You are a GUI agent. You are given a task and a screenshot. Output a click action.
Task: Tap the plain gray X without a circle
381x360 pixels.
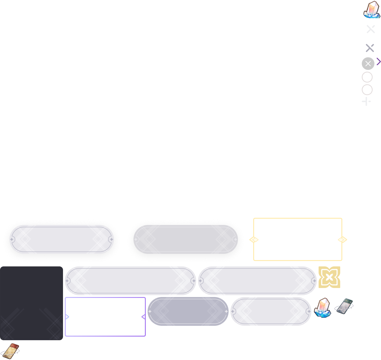[370, 48]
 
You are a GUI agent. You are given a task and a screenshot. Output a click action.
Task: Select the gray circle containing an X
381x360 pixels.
[368, 64]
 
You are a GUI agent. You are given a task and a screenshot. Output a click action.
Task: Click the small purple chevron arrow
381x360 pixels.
[379, 61]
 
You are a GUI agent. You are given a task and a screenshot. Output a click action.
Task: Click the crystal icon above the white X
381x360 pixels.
[372, 10]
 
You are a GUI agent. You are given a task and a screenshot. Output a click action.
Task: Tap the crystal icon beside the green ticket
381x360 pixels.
[322, 307]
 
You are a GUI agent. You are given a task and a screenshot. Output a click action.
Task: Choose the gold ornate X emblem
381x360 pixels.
[329, 277]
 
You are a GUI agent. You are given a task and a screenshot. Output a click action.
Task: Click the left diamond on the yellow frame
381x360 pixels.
[254, 239]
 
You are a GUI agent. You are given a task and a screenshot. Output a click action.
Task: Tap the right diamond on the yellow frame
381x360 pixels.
[342, 239]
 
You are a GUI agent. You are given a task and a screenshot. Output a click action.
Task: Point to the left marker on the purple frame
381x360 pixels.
[67, 317]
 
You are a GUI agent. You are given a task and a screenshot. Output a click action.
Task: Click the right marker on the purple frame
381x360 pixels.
[143, 317]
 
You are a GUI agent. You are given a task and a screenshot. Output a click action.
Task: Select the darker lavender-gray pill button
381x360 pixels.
[188, 311]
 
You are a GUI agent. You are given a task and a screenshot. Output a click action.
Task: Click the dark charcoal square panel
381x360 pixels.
[31, 303]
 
